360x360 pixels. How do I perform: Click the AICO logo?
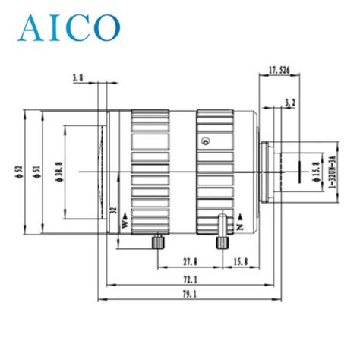pyautogui.click(x=69, y=28)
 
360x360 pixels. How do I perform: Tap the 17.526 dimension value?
pyautogui.click(x=279, y=70)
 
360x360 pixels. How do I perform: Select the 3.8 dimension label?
pyautogui.click(x=77, y=78)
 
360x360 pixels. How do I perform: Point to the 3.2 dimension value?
pyautogui.click(x=290, y=103)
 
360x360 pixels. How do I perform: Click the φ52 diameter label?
pyautogui.click(x=19, y=172)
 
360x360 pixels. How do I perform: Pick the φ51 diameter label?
pyautogui.click(x=37, y=172)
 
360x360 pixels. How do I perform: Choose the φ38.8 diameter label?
pyautogui.click(x=59, y=172)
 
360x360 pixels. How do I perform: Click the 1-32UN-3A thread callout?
pyautogui.click(x=332, y=172)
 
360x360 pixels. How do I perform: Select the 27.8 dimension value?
pyautogui.click(x=190, y=262)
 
